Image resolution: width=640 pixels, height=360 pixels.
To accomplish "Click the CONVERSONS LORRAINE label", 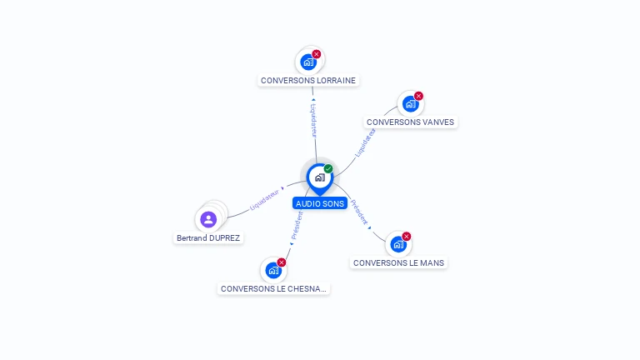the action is (x=308, y=81).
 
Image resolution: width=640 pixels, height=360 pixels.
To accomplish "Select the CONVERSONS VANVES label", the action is (x=410, y=122).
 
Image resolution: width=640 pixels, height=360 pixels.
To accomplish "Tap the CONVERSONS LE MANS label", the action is (x=398, y=262).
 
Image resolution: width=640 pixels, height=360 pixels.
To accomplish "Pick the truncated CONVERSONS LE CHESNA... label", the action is (x=274, y=288).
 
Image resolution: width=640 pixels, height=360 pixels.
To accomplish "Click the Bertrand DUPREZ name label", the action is (x=208, y=237).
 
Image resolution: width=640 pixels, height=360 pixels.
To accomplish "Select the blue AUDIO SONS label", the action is (x=320, y=203).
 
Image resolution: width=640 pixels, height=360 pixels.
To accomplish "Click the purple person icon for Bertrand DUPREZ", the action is (x=208, y=219).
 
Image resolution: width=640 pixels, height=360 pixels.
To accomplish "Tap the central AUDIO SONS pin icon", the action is (x=319, y=177).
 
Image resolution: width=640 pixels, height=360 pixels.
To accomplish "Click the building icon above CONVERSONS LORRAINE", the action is (x=308, y=62).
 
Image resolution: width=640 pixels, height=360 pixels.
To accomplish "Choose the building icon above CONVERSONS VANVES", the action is (x=409, y=103).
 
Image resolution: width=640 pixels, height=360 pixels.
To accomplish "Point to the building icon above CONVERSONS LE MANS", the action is (x=397, y=244).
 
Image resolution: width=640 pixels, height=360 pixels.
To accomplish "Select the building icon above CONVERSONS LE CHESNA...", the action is (x=272, y=270).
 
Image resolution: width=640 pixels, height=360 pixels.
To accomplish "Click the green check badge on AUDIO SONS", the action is (x=328, y=169).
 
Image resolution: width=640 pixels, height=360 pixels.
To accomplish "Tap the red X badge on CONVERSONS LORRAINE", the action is (x=317, y=54).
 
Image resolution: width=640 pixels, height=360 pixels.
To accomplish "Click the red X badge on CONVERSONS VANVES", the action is (x=418, y=96).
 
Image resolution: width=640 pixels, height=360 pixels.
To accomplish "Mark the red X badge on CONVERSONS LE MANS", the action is (x=407, y=237).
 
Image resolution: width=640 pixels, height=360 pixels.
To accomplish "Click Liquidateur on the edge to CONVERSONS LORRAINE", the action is (x=313, y=120).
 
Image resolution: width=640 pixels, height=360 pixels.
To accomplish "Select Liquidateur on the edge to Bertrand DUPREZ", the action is (x=264, y=199).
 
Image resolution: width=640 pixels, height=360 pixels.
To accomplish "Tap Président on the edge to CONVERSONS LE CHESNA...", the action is (x=297, y=225).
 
